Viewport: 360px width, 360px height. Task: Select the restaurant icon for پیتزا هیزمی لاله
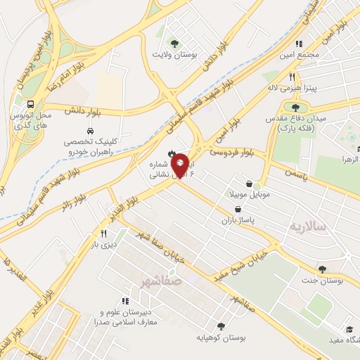tap(291, 77)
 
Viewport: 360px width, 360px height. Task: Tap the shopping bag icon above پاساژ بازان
tap(240, 209)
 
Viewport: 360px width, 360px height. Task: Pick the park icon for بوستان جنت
tap(322, 269)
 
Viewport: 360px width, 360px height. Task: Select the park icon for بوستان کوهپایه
tap(221, 326)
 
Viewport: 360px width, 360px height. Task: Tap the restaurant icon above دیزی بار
tap(104, 233)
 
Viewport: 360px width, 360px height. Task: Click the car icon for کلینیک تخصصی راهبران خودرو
tap(90, 130)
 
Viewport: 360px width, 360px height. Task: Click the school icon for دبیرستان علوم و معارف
tap(125, 300)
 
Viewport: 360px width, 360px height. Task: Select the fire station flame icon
tap(170, 153)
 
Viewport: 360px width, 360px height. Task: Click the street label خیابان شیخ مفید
tap(245, 262)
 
